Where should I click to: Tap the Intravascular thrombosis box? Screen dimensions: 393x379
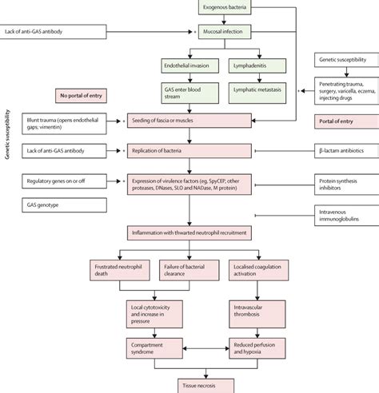point(256,309)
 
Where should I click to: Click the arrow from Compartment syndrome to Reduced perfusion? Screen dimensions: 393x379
point(205,347)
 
